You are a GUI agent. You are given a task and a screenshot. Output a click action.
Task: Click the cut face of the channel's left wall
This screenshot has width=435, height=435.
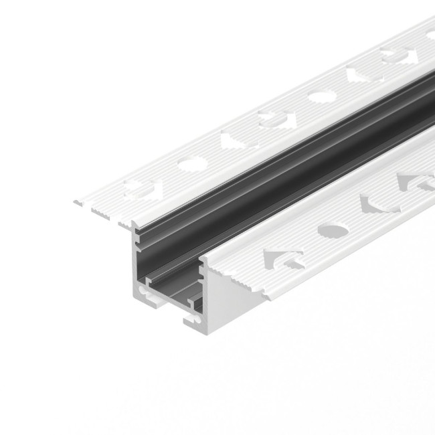[136, 261]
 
